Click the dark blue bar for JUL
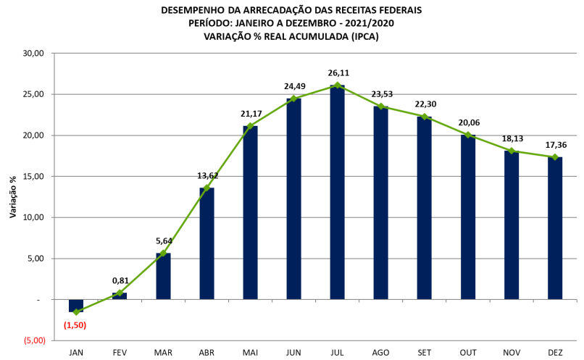(x=337, y=192)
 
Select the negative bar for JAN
(x=76, y=305)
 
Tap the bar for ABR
(x=207, y=243)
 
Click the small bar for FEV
(x=120, y=296)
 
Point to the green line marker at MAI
(x=250, y=126)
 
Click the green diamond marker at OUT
(x=468, y=135)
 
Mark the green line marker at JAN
(x=76, y=311)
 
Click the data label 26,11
(x=338, y=73)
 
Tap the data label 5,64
(x=164, y=241)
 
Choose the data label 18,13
(x=512, y=138)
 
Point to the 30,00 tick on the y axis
(x=34, y=54)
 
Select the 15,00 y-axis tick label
(x=34, y=176)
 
